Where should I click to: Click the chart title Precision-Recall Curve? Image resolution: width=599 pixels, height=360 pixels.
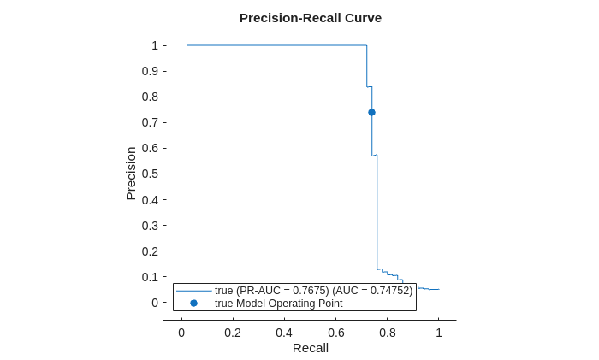(x=310, y=18)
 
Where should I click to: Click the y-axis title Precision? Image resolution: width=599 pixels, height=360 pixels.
(x=131, y=174)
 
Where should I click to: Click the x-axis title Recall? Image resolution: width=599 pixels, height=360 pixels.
(x=310, y=348)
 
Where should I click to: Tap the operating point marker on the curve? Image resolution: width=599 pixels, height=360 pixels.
(x=371, y=112)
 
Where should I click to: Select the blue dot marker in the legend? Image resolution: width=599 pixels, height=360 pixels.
(x=193, y=304)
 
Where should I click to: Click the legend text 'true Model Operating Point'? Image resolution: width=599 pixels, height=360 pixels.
(x=278, y=304)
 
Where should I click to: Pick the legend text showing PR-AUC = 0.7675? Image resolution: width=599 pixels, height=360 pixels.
(x=313, y=291)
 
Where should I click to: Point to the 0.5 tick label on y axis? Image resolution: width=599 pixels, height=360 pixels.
(x=150, y=174)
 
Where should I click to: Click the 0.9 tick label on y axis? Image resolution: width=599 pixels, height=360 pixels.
(x=150, y=71)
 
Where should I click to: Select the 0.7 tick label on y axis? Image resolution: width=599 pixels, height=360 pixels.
(x=150, y=122)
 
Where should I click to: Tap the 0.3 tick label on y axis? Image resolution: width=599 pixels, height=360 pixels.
(x=150, y=226)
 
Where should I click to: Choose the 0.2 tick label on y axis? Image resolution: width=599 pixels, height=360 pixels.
(x=150, y=251)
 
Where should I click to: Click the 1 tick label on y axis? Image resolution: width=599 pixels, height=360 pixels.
(x=155, y=45)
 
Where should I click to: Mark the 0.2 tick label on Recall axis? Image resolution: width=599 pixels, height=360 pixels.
(x=233, y=333)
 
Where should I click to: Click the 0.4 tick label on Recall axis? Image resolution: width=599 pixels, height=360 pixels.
(x=284, y=333)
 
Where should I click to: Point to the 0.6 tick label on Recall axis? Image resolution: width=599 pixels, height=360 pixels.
(x=335, y=333)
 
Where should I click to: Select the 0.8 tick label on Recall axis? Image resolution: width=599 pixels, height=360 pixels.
(x=388, y=333)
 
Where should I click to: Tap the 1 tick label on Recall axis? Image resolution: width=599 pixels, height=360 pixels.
(x=439, y=333)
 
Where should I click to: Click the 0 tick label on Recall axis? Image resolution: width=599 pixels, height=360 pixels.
(x=181, y=333)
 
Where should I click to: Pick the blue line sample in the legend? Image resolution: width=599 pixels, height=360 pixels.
(x=193, y=291)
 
